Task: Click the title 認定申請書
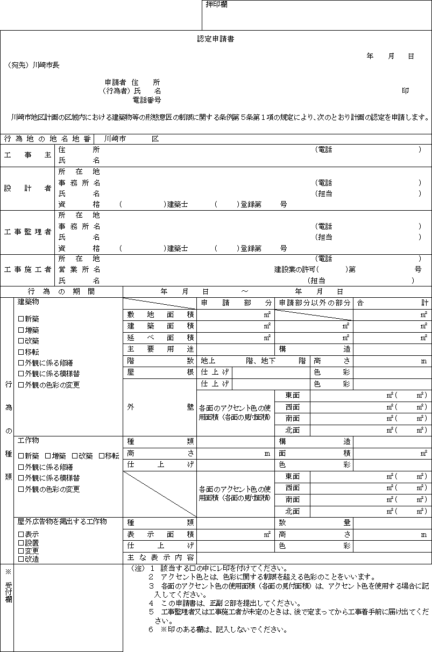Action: coord(216,39)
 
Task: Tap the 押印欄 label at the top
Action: coord(217,5)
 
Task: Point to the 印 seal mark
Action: coord(405,91)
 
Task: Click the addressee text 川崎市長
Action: coord(46,65)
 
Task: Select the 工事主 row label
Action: coord(27,155)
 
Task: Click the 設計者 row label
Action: coord(27,188)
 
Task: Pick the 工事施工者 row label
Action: coord(27,269)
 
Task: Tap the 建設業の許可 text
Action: coord(295,269)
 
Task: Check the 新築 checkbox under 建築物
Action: coord(21,319)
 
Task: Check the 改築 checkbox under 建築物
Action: coord(21,341)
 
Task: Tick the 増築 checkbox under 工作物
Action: coord(48,456)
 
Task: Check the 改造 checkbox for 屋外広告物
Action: coord(21,559)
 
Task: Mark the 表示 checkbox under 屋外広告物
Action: coord(21,534)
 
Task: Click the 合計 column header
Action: coord(392,303)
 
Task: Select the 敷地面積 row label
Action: coord(160,314)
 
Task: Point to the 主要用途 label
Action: coord(160,349)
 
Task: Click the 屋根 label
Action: coord(160,371)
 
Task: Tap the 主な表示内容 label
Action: coord(160,557)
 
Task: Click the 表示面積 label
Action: coord(160,534)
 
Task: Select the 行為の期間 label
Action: coord(61,291)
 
